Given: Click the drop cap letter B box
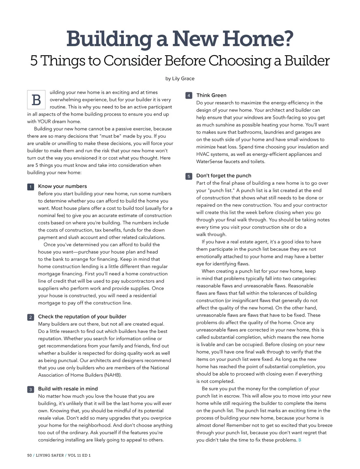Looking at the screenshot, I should (x=36, y=100).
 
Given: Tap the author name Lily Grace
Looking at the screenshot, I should (x=183, y=79).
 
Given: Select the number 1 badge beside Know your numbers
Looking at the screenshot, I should (x=30, y=187).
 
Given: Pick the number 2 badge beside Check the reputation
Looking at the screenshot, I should (x=30, y=317).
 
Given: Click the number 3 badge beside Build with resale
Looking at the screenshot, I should (x=30, y=390).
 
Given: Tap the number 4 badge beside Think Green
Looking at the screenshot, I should (x=189, y=96).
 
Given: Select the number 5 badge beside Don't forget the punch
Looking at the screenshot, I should (x=189, y=176).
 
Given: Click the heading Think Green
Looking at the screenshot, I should (x=211, y=95).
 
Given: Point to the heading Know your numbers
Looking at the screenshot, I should (x=62, y=186).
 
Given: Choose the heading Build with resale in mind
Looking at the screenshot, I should (x=68, y=389).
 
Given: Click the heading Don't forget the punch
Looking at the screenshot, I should (x=223, y=176).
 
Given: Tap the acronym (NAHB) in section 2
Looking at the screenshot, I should (x=112, y=375).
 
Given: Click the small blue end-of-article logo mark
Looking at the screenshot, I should (x=300, y=440).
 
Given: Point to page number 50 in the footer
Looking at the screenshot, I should (x=29, y=455).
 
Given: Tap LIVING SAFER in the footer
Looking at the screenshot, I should (x=50, y=455).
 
